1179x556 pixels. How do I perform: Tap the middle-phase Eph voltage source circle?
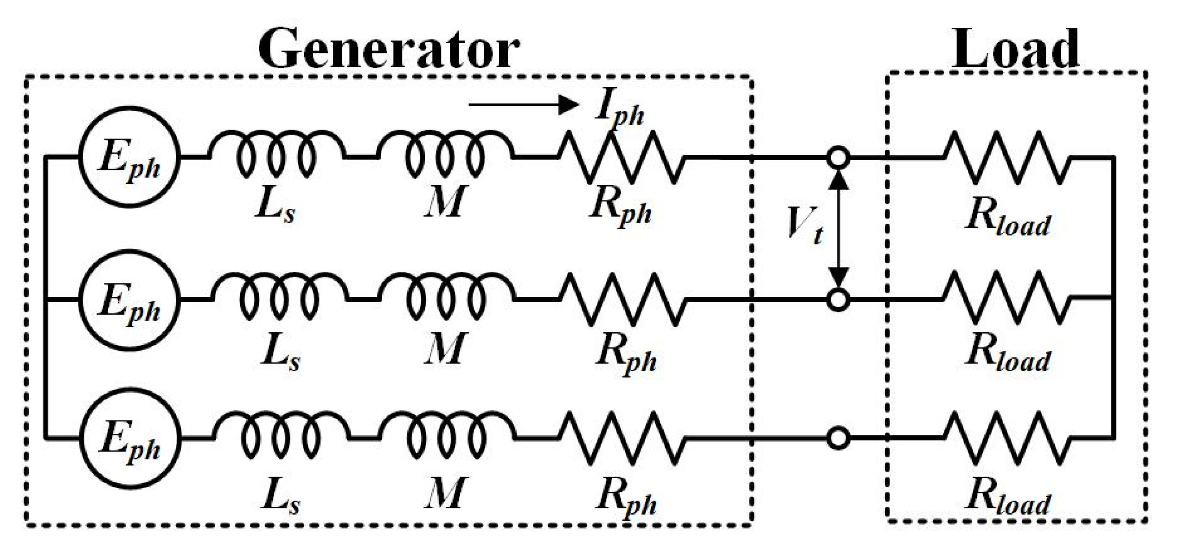[129, 300]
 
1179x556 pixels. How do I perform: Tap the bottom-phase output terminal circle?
[839, 438]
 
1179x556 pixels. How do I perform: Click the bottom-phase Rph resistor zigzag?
[622, 438]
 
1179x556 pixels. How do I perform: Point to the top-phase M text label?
[444, 202]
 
